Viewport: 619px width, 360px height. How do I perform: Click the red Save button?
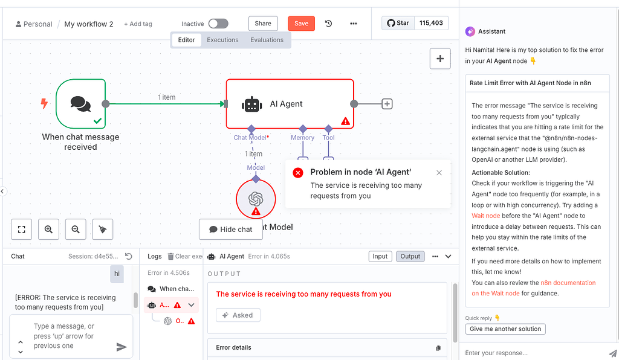(301, 24)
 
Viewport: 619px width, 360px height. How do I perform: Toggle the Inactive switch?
(218, 24)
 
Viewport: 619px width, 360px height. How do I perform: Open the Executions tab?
(222, 40)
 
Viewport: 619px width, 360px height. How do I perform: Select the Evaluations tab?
(267, 40)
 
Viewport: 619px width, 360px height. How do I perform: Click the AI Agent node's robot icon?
(251, 104)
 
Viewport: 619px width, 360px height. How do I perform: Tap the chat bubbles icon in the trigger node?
(80, 103)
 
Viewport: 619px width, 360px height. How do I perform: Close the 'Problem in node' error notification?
(439, 173)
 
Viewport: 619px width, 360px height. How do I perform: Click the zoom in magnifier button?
(48, 230)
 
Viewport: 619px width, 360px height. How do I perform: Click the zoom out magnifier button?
(76, 230)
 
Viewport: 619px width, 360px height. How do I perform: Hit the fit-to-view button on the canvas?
(21, 230)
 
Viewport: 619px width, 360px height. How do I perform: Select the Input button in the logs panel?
(380, 256)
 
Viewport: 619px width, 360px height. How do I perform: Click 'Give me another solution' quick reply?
(505, 329)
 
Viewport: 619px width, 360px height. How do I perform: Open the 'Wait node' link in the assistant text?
(486, 216)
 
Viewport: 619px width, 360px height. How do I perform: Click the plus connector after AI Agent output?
(387, 104)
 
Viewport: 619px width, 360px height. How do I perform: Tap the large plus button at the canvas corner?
(439, 59)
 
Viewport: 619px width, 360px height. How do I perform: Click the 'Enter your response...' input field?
(532, 353)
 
